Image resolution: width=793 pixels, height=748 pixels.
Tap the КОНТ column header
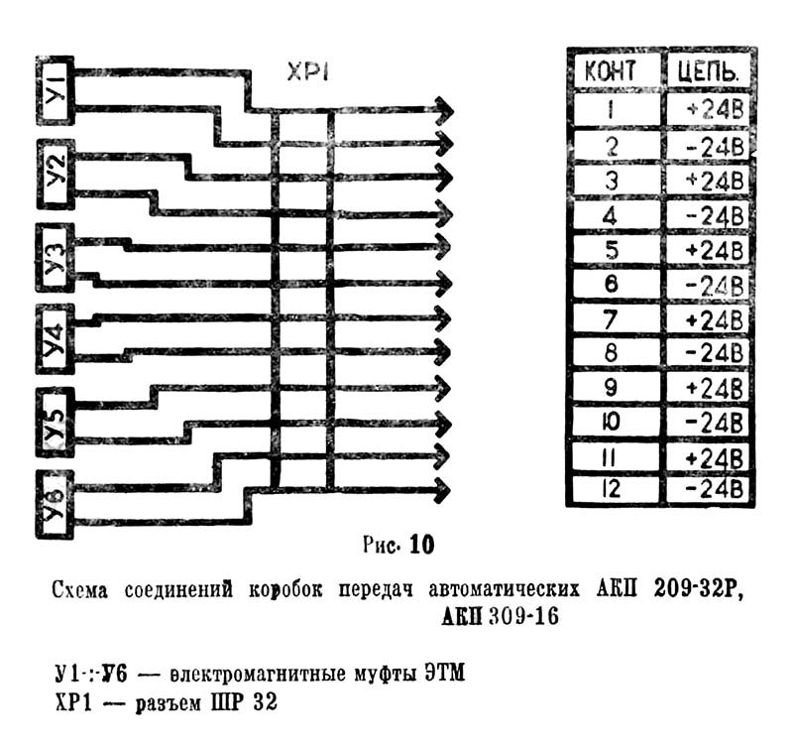click(617, 70)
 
